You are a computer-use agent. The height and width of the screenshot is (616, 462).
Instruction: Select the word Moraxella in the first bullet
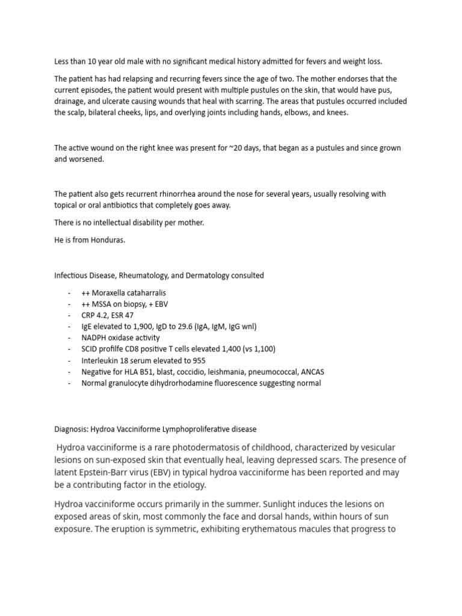pyautogui.click(x=109, y=292)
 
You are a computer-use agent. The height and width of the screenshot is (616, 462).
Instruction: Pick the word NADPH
pyautogui.click(x=95, y=338)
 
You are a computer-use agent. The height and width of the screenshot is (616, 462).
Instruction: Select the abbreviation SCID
pyautogui.click(x=90, y=349)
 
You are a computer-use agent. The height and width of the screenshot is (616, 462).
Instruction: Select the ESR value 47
pyautogui.click(x=127, y=315)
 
